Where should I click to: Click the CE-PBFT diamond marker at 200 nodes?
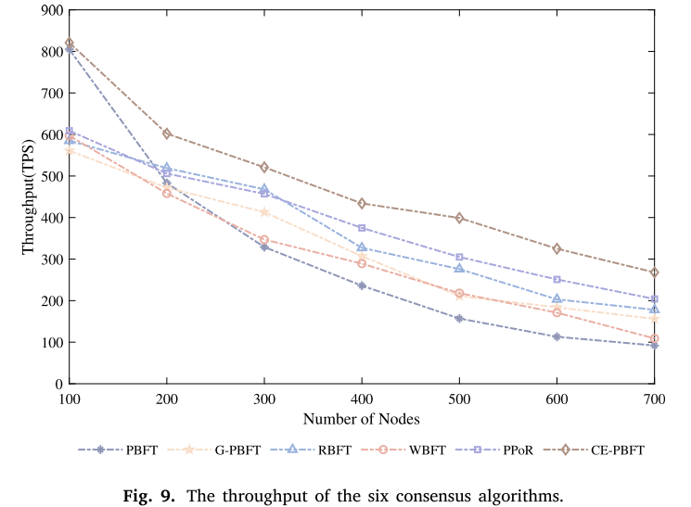(x=167, y=133)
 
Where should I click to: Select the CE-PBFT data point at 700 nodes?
(x=654, y=273)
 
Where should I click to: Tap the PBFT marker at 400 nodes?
(x=362, y=285)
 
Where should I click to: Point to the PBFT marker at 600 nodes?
(x=557, y=336)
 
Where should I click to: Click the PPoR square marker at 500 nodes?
(x=459, y=257)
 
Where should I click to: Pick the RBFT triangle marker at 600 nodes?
(x=557, y=299)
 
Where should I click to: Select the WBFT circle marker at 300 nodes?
(x=264, y=240)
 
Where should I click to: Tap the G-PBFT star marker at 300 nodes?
(x=264, y=212)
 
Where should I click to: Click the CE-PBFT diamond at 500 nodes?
(x=459, y=218)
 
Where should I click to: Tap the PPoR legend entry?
(x=510, y=450)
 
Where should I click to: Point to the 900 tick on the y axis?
(x=50, y=10)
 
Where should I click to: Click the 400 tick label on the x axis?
(x=362, y=398)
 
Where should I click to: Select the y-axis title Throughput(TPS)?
(x=29, y=196)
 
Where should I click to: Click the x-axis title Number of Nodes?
(x=362, y=418)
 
